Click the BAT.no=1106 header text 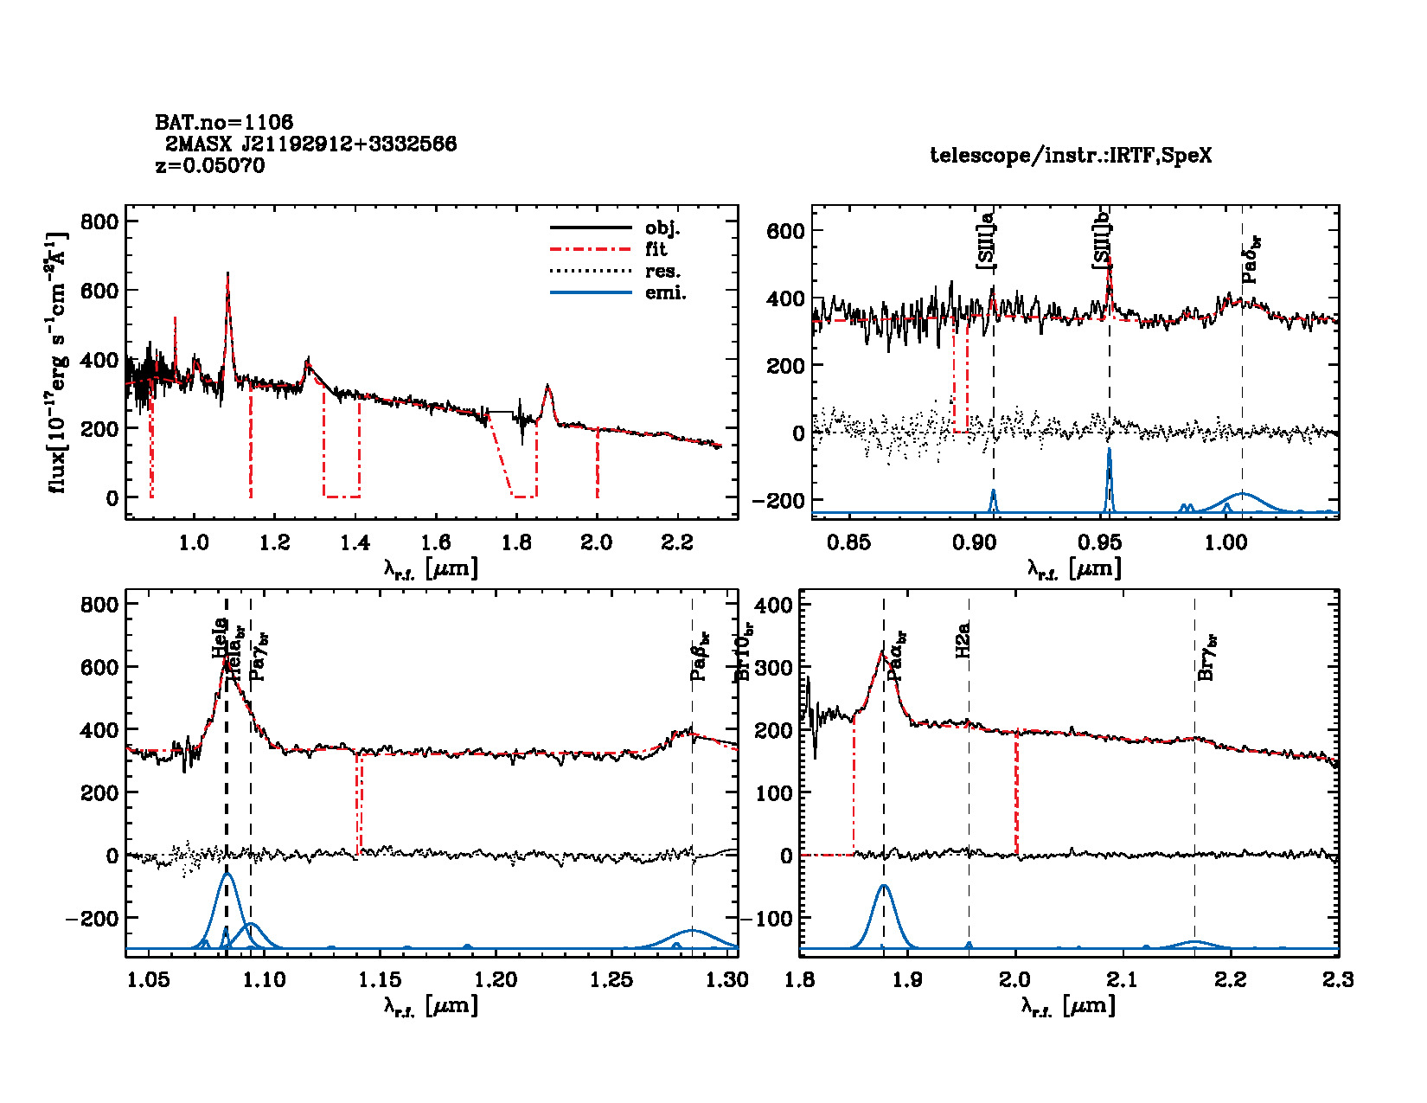point(224,122)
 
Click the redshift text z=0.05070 point(210,165)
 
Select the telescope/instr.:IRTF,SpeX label point(1071,156)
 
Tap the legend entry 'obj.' point(662,228)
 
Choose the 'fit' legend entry point(656,250)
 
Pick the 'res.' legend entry point(662,272)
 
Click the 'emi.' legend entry point(665,293)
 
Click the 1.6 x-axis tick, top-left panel point(436,542)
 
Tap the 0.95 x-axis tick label point(1100,542)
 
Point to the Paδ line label point(1251,260)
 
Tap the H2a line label point(963,640)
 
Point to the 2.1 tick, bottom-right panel point(1123,979)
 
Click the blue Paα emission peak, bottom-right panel point(884,887)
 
